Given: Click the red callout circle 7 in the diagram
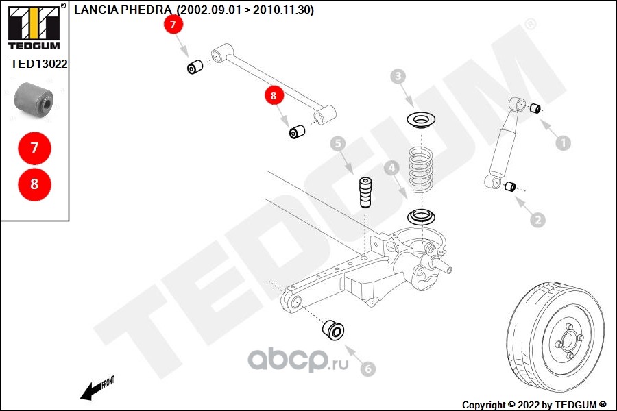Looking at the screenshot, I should tap(173, 25).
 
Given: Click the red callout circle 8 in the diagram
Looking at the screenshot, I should tap(274, 97).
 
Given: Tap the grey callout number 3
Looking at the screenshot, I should tap(398, 77).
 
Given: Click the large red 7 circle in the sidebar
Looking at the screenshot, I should tap(34, 147).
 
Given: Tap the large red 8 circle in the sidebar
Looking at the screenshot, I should tap(34, 184).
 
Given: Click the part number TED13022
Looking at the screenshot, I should tap(38, 63).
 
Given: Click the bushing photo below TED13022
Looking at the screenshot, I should tap(34, 99).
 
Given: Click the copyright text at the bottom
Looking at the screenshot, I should tap(534, 404).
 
